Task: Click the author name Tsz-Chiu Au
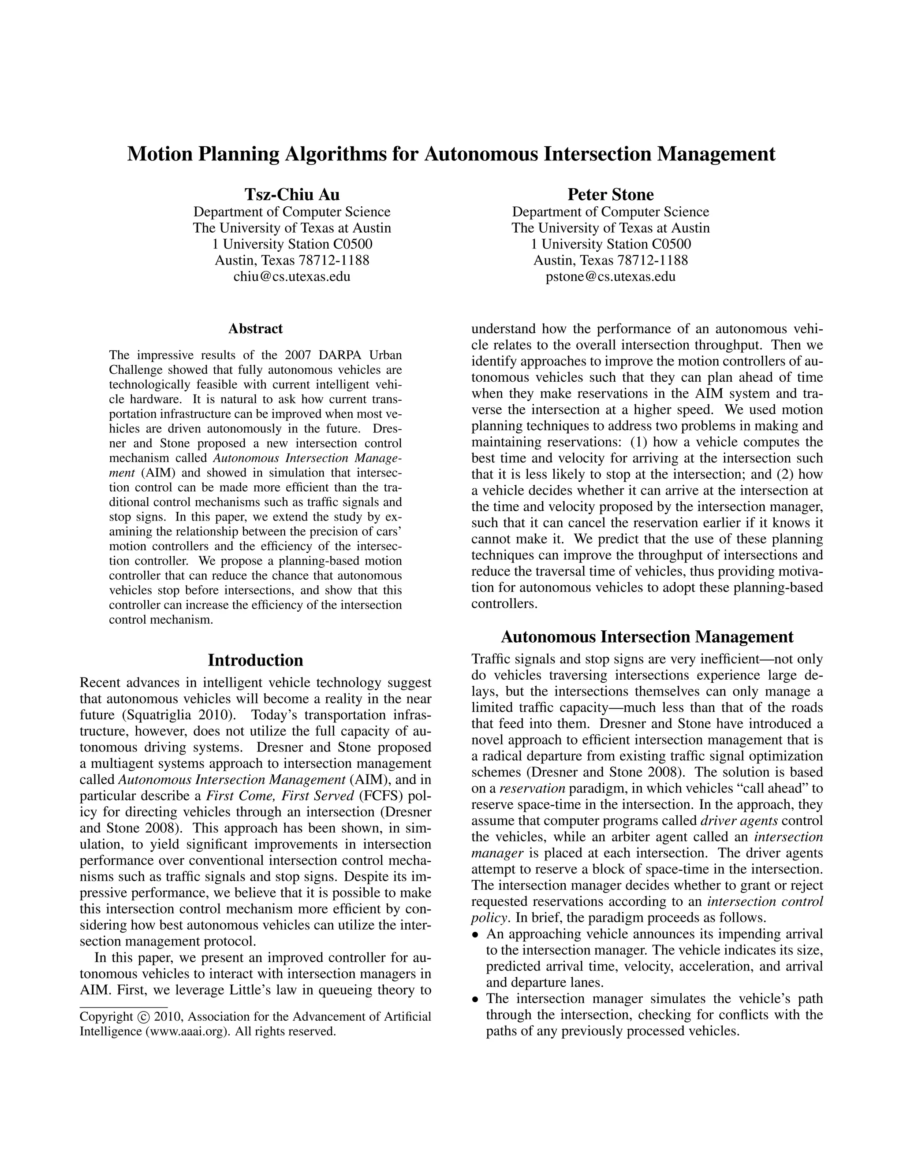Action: click(291, 193)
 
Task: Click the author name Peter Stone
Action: click(610, 193)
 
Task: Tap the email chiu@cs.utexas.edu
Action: click(291, 276)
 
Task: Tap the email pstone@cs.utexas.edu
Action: click(610, 276)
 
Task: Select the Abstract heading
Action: click(255, 328)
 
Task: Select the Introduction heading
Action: click(255, 660)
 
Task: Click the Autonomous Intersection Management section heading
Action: click(647, 637)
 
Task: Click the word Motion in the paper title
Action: click(160, 154)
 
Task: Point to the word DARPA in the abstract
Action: click(342, 355)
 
